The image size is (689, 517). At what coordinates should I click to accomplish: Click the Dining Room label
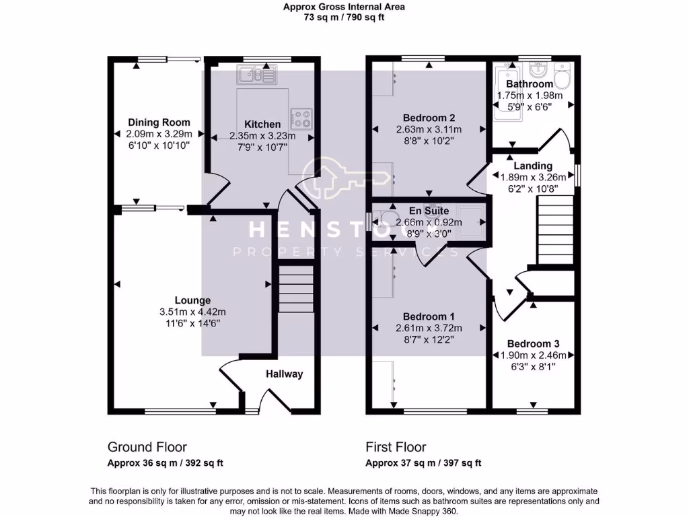click(159, 123)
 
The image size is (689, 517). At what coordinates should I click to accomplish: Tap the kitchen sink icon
click(256, 74)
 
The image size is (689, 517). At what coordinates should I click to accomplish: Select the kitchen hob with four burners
click(301, 119)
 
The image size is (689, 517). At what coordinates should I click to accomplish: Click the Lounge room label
click(192, 300)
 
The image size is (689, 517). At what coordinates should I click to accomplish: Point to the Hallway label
click(284, 374)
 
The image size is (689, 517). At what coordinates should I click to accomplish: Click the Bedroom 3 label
click(533, 343)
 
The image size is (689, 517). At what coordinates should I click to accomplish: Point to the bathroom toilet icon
click(563, 76)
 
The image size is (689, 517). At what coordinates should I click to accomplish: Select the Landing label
click(533, 166)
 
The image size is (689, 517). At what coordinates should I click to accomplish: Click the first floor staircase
click(556, 229)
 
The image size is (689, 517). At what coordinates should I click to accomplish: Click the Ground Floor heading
click(147, 447)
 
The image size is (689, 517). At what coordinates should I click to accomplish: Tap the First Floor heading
click(396, 447)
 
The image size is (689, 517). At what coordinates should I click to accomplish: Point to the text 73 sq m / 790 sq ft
click(343, 18)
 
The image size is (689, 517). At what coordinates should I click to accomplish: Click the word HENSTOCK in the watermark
click(344, 230)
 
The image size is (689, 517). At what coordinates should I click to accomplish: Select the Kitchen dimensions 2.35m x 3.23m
click(262, 135)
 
